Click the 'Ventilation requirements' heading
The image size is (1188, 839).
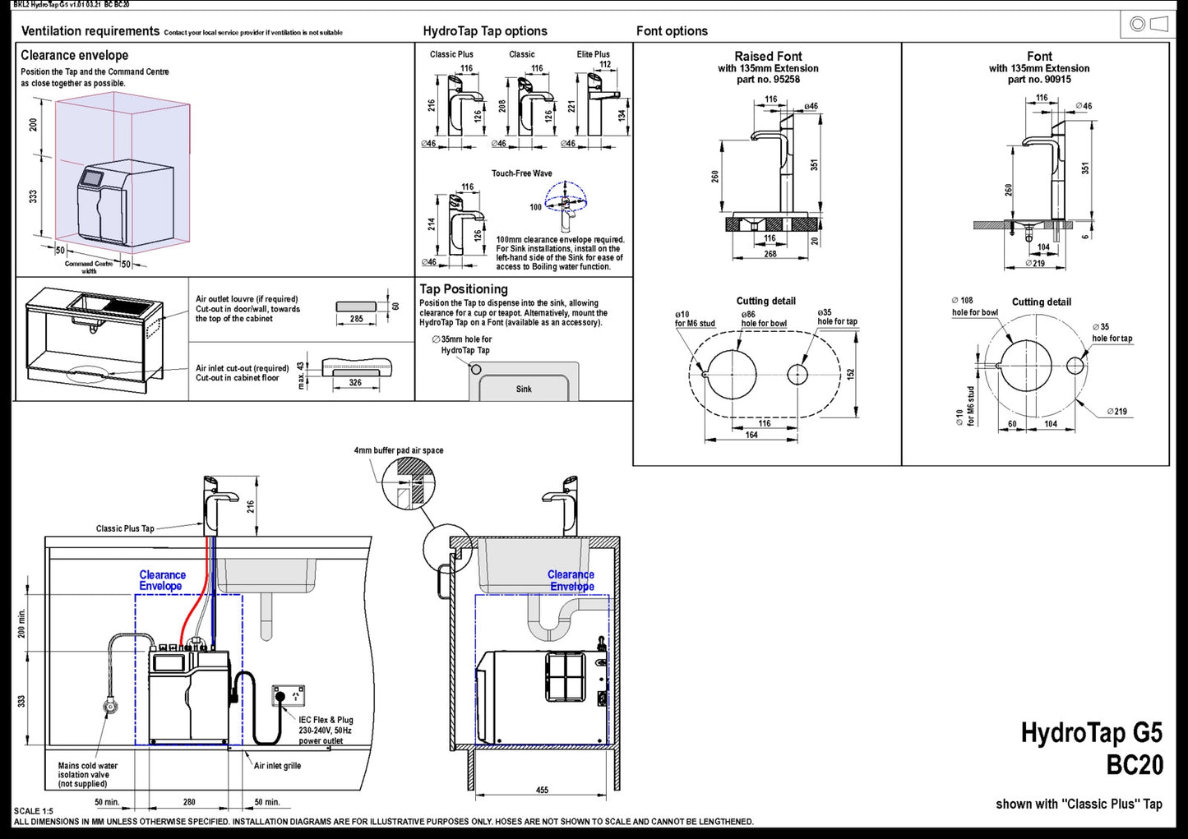click(90, 31)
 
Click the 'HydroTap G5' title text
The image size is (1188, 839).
click(1091, 732)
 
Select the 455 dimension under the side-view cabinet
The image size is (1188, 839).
click(542, 791)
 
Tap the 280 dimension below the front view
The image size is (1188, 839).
click(189, 802)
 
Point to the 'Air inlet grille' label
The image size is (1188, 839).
click(277, 766)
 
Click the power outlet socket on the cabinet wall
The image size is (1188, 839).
click(288, 695)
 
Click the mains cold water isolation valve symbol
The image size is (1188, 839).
click(109, 705)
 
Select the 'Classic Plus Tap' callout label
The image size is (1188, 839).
click(125, 528)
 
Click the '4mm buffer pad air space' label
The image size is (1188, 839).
click(399, 450)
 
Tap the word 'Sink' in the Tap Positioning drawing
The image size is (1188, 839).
click(524, 389)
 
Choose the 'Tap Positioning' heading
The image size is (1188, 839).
click(464, 289)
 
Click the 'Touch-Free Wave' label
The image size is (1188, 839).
click(522, 173)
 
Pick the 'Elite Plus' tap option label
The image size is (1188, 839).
click(594, 54)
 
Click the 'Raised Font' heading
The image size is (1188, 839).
click(768, 57)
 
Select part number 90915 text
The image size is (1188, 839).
click(1039, 80)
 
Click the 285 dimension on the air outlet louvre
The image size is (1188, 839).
click(356, 319)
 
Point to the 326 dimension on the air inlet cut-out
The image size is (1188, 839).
click(355, 383)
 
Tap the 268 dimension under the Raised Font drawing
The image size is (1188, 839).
click(770, 254)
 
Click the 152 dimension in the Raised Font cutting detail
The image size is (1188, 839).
click(851, 373)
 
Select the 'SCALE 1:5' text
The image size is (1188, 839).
click(34, 811)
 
